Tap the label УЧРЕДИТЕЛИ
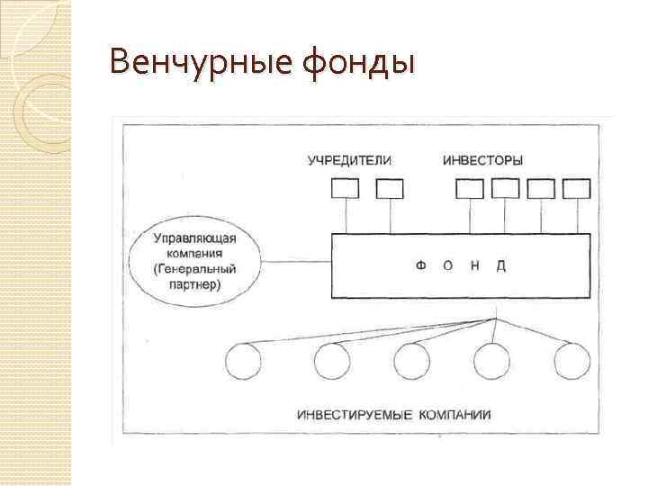[x=350, y=160]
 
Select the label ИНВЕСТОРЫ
[x=483, y=160]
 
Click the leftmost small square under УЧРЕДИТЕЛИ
[x=345, y=188]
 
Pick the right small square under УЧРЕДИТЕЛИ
[x=390, y=188]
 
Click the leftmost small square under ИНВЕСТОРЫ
[x=470, y=188]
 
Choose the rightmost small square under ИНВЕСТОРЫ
[x=576, y=188]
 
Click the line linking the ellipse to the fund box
[x=298, y=263]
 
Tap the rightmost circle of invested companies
[x=571, y=362]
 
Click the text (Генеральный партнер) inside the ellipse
[x=195, y=276]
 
